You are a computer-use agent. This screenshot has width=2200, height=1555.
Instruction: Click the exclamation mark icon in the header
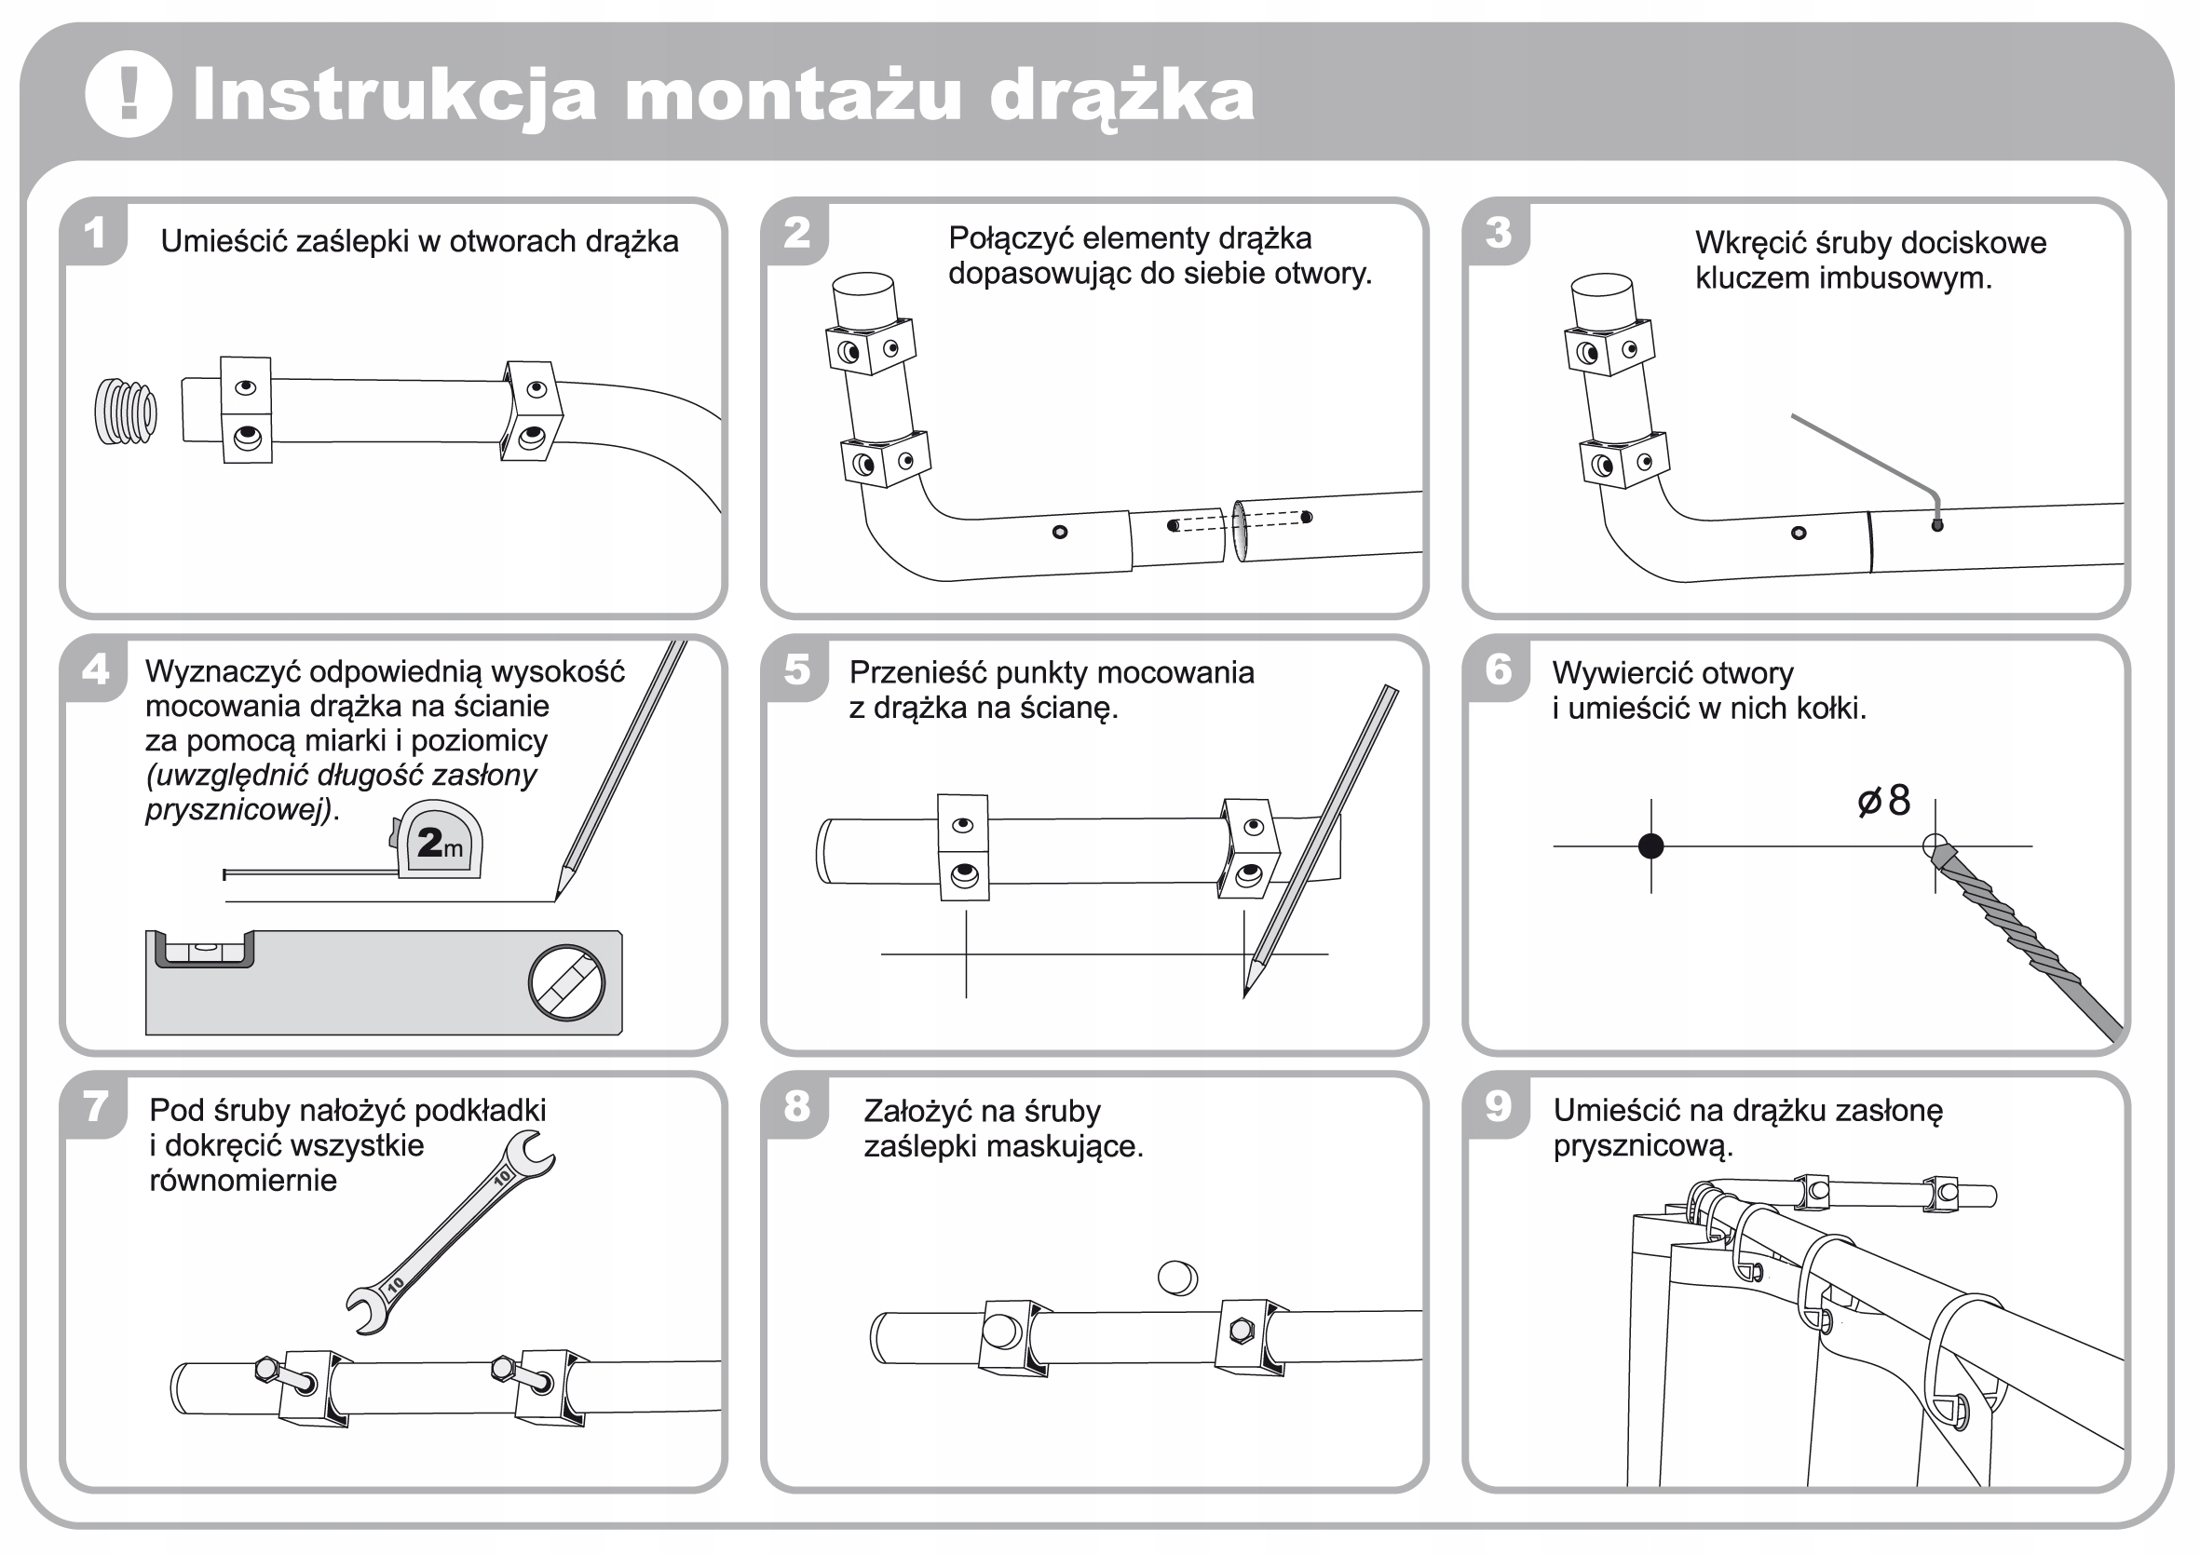129,94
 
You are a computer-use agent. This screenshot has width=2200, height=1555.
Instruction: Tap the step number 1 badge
94,233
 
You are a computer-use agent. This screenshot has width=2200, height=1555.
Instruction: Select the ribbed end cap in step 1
126,412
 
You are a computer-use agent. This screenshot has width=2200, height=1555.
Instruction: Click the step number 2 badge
796,233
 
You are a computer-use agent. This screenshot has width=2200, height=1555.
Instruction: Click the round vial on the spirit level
566,983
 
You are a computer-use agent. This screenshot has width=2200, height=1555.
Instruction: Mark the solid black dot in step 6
1651,846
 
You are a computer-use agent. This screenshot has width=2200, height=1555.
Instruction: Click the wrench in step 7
451,1232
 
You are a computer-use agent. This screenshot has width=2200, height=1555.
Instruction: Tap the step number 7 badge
94,1106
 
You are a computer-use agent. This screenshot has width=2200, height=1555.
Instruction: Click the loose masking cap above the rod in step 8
1177,1278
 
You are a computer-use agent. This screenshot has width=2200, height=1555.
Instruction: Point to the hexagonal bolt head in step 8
1241,1330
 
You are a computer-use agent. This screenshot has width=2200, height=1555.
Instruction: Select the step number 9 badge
1498,1106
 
